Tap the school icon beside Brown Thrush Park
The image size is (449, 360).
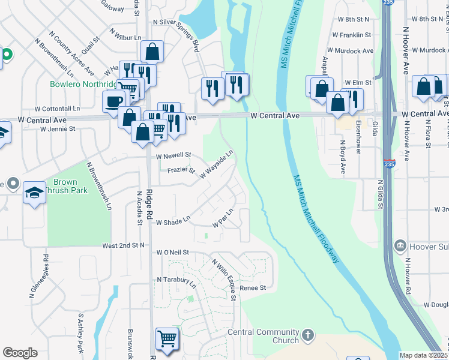[x=34, y=193]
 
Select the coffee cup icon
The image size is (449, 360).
[x=114, y=101]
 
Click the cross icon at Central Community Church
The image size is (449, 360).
[x=308, y=335]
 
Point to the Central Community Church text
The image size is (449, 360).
[x=263, y=337]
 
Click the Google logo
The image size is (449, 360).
[x=20, y=353]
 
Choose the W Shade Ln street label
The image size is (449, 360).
[x=173, y=222]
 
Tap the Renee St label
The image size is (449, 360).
[x=252, y=288]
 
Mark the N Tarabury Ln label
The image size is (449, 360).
[x=176, y=280]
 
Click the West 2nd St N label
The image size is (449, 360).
[x=124, y=245]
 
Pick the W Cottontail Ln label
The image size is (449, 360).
[x=57, y=109]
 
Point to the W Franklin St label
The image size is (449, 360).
[x=355, y=35]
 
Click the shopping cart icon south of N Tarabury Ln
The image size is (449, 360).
[x=167, y=338]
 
